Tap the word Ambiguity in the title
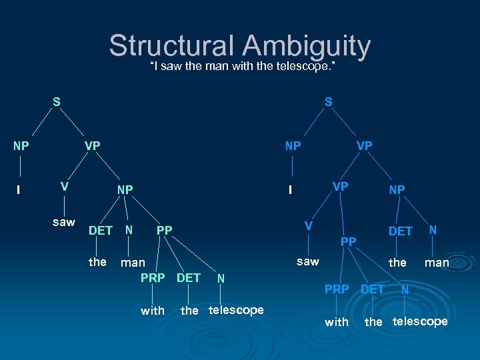coord(307,46)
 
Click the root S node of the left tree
coord(57,102)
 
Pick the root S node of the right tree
coord(329,102)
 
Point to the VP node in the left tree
coord(92,145)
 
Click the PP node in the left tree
coord(164,231)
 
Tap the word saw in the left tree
coord(64,222)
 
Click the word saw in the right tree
coord(307,261)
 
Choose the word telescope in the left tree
coord(236,310)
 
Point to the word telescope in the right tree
coord(420,321)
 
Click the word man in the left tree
coord(133,263)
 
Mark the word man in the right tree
coord(437,263)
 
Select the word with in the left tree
coord(153,311)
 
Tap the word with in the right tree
coord(337,322)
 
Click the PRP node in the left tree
coord(153,277)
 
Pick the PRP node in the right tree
coord(337,289)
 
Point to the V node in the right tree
coord(308,225)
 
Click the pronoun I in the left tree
coord(18,190)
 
